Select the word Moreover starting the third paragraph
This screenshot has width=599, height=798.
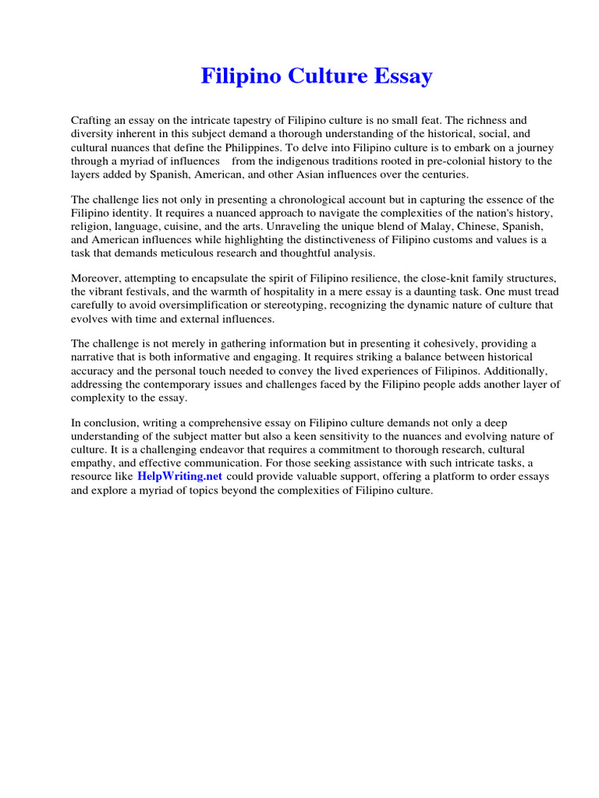coord(97,279)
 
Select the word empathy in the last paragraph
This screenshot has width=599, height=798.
coord(93,464)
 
